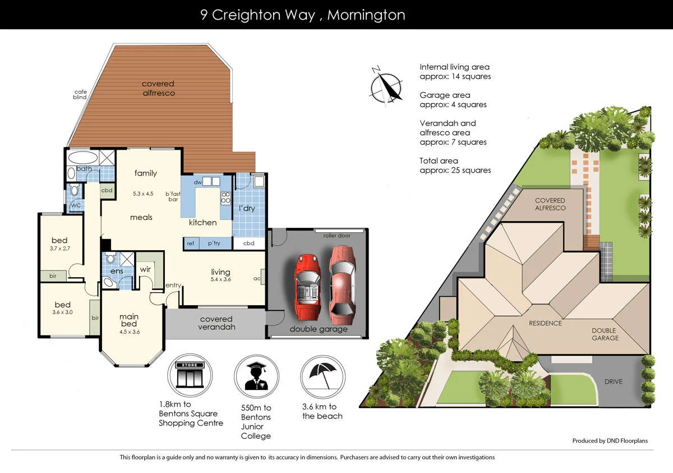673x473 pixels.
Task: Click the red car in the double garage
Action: (x=307, y=286)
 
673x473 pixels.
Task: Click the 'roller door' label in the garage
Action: (x=336, y=236)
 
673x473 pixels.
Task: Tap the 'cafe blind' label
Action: (x=80, y=94)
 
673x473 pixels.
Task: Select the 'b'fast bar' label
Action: (x=173, y=196)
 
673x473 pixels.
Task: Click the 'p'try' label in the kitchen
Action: (x=214, y=244)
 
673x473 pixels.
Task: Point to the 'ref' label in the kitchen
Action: (x=191, y=244)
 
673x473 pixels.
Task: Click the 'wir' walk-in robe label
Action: (x=145, y=269)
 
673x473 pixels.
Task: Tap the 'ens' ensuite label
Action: (x=117, y=272)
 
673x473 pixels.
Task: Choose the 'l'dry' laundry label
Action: (x=247, y=208)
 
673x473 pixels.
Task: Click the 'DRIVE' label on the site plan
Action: (x=613, y=382)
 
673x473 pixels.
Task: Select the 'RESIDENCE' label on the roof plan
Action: (x=545, y=323)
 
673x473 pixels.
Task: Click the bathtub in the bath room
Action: (x=83, y=157)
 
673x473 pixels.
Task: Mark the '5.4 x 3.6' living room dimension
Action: (x=221, y=279)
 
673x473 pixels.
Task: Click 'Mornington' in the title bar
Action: (x=366, y=15)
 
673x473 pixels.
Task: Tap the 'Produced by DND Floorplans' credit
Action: (x=610, y=440)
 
